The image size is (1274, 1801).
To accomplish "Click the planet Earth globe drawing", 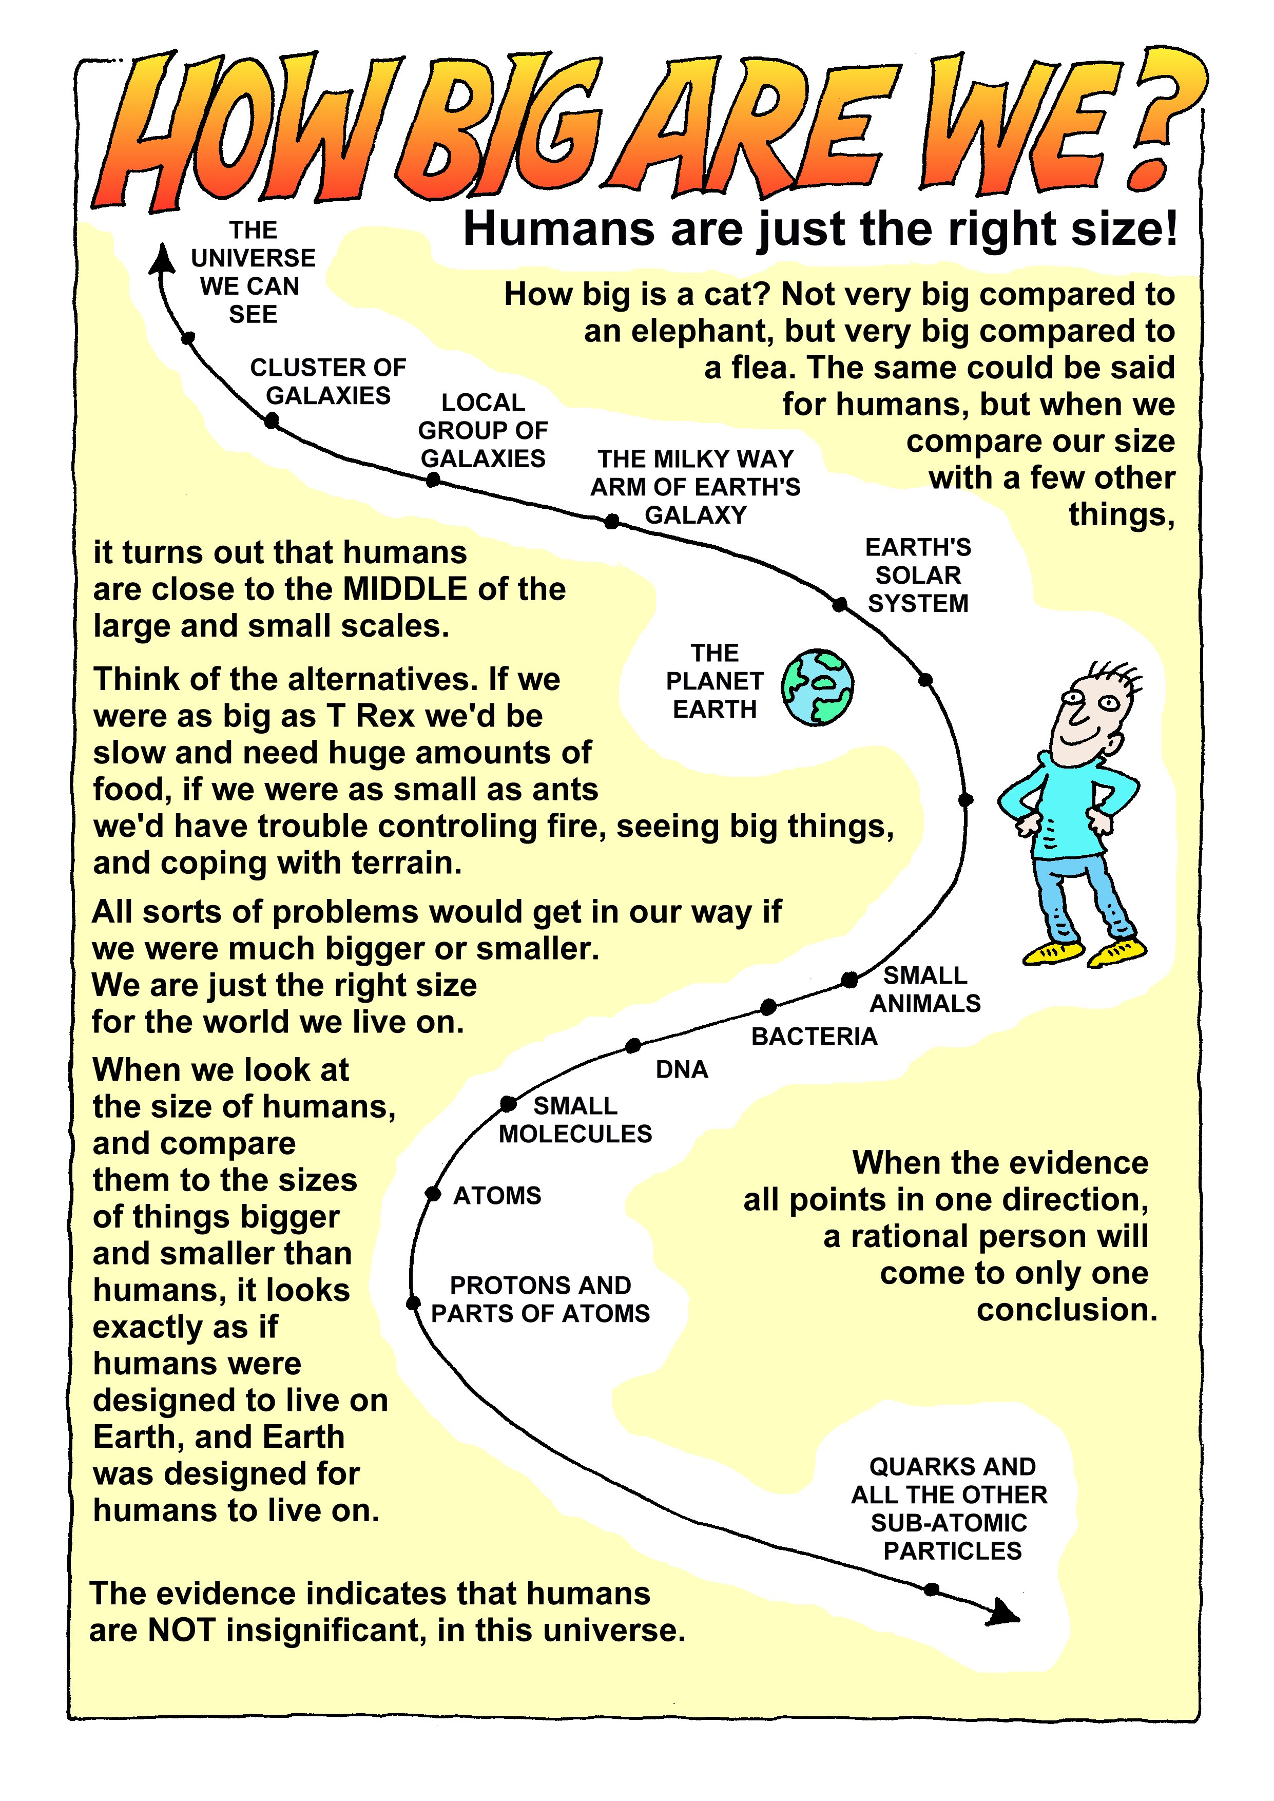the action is [x=818, y=687].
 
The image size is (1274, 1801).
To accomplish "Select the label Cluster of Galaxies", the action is [x=328, y=381].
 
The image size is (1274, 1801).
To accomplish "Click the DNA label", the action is [x=682, y=1069].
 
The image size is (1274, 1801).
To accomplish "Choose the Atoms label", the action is [x=497, y=1195].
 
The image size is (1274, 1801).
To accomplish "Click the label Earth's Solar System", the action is [x=918, y=575].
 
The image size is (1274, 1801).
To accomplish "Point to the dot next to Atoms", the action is [x=432, y=1194].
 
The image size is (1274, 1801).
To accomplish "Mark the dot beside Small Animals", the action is [x=850, y=980].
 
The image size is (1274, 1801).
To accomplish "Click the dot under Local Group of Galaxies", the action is [x=432, y=480].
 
